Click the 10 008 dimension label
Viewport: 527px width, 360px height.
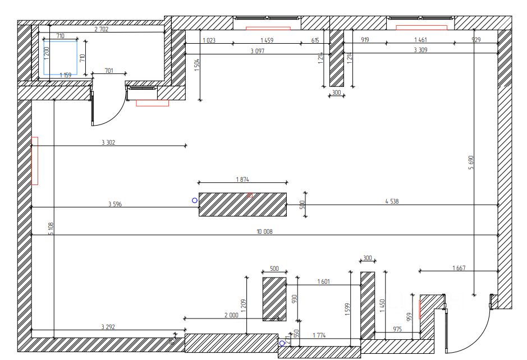(264, 232)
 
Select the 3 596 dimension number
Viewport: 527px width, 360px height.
(115, 204)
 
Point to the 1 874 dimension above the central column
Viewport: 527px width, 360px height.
(242, 179)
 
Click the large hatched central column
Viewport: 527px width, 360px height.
(242, 204)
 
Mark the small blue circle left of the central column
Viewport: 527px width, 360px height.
(195, 200)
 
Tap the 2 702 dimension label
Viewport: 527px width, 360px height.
(102, 29)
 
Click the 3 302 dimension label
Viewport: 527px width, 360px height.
(108, 142)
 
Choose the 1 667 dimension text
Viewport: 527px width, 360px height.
(459, 268)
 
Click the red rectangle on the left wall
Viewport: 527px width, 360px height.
(35, 161)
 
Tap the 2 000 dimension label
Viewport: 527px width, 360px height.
(231, 316)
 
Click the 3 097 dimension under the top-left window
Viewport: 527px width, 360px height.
(258, 50)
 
